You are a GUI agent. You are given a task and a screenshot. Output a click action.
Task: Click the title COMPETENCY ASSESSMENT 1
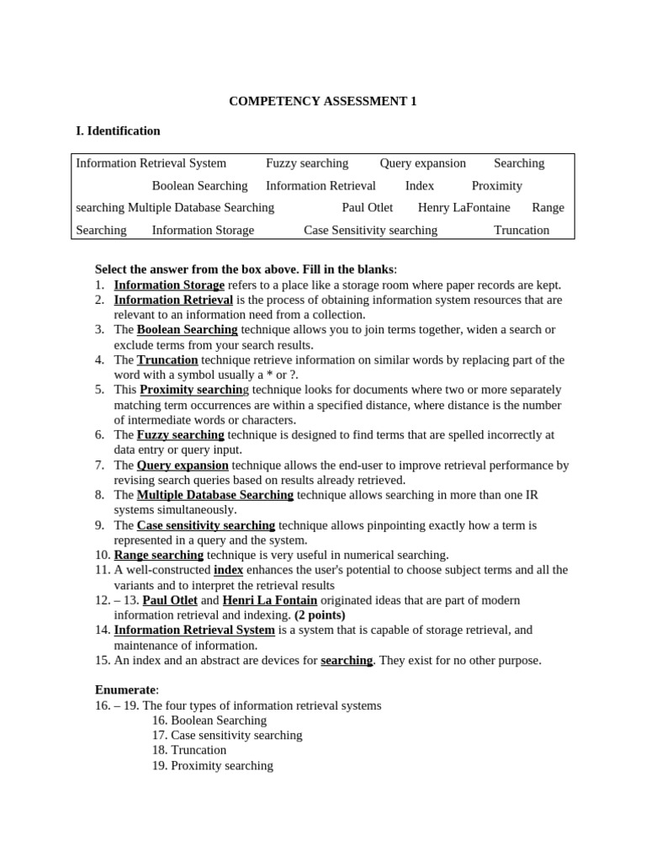(323, 101)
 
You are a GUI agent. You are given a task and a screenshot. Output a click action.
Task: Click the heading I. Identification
(118, 130)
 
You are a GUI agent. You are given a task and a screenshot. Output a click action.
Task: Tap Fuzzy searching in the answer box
(307, 163)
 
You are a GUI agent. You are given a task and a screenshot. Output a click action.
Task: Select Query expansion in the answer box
(422, 163)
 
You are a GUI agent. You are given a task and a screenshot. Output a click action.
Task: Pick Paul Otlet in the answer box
(368, 208)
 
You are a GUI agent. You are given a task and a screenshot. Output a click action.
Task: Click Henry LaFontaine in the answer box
(463, 208)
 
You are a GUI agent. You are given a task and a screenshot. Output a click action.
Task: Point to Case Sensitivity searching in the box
(370, 230)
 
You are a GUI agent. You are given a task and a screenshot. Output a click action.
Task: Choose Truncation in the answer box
(522, 230)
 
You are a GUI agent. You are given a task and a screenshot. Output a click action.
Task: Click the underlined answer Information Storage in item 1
(169, 285)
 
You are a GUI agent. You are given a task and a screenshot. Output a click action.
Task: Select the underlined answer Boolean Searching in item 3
(187, 330)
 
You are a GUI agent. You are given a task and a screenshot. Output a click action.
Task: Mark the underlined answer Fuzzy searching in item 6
(180, 435)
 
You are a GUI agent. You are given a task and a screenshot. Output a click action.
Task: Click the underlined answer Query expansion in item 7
(183, 466)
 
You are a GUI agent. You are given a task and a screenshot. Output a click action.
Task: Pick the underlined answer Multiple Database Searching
(214, 495)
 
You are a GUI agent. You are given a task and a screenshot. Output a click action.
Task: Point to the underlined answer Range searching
(159, 555)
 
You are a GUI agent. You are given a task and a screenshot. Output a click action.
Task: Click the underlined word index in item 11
(228, 570)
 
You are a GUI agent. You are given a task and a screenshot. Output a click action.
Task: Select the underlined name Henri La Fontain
(270, 600)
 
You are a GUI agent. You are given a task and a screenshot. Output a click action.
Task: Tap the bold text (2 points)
(320, 615)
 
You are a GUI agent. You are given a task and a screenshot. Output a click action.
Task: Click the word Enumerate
(125, 690)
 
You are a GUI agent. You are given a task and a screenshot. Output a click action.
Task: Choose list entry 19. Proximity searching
(213, 766)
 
